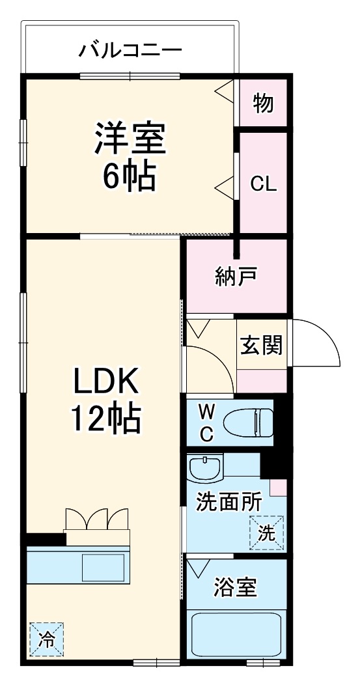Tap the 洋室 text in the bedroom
pyautogui.click(x=130, y=138)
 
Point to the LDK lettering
pyautogui.click(x=105, y=383)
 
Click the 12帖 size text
pyautogui.click(x=105, y=421)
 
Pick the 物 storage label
pyautogui.click(x=263, y=103)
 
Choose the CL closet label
pyautogui.click(x=264, y=184)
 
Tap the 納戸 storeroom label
pyautogui.click(x=236, y=277)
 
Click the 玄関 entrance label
pyautogui.click(x=262, y=345)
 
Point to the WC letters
pyautogui.click(x=206, y=423)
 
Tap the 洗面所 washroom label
pyautogui.click(x=228, y=503)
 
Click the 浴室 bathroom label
pyautogui.click(x=235, y=588)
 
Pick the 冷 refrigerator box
pyautogui.click(x=46, y=638)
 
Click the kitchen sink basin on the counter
pyautogui.click(x=103, y=567)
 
